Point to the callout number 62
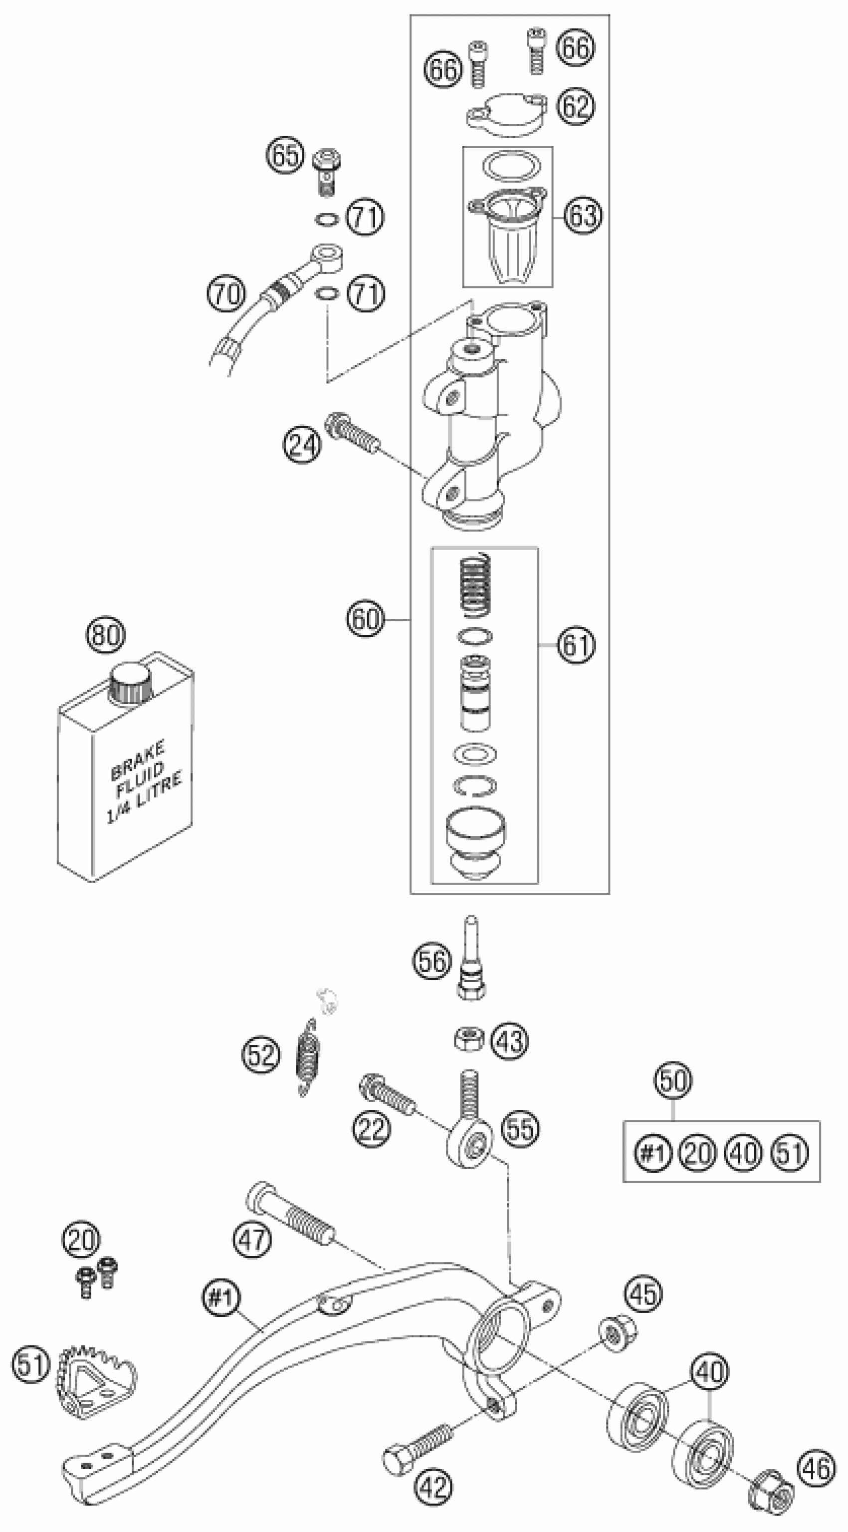tap(576, 106)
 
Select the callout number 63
tap(583, 215)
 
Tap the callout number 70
tap(226, 294)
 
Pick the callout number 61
tap(576, 645)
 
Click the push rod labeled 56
tap(472, 959)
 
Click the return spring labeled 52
tap(307, 1056)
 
